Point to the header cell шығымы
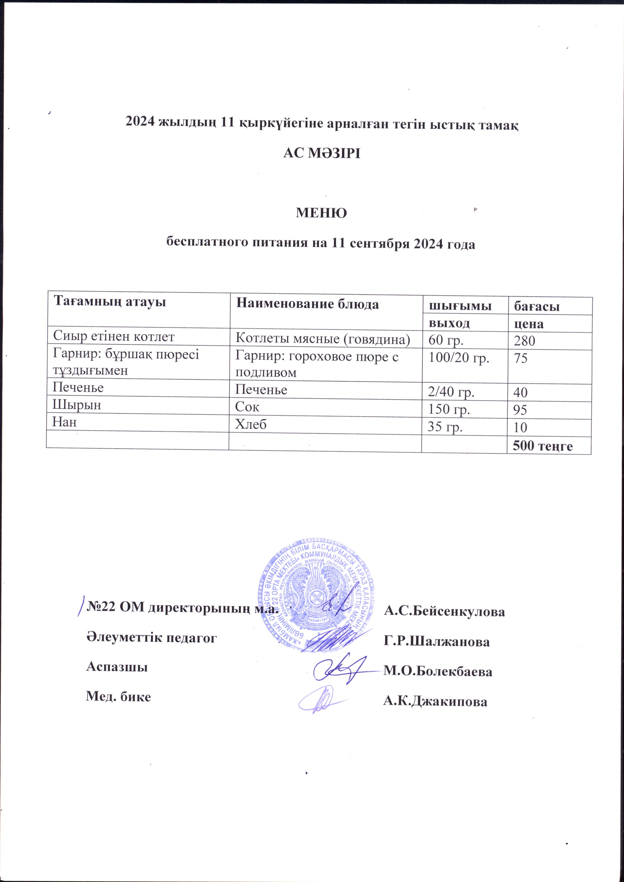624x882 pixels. pos(460,306)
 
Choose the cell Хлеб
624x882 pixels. pos(251,424)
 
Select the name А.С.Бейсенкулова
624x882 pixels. pos(444,611)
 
